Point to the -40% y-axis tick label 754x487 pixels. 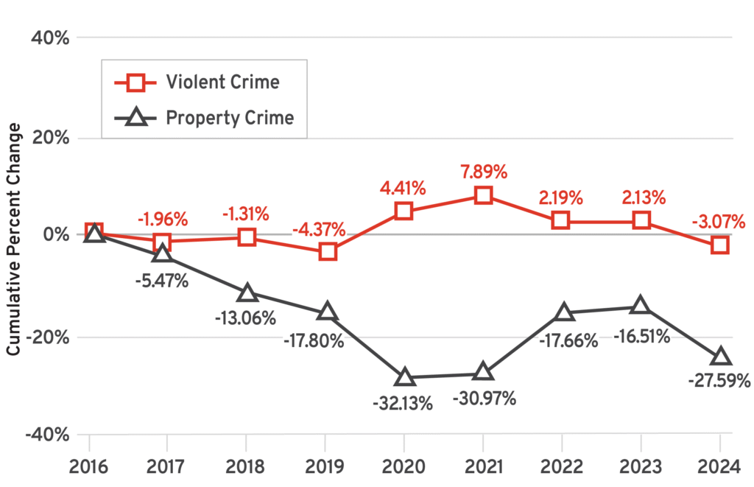(47, 435)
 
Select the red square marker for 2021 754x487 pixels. (483, 195)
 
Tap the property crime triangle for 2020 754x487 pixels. (404, 377)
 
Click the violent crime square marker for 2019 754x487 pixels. (328, 252)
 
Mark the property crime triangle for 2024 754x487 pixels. (720, 357)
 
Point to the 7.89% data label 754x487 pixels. (483, 172)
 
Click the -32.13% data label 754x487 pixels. (404, 404)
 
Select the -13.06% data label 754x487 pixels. (246, 318)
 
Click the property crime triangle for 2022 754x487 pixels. (563, 312)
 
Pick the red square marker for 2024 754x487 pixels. (720, 245)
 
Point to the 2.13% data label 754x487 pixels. (641, 197)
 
